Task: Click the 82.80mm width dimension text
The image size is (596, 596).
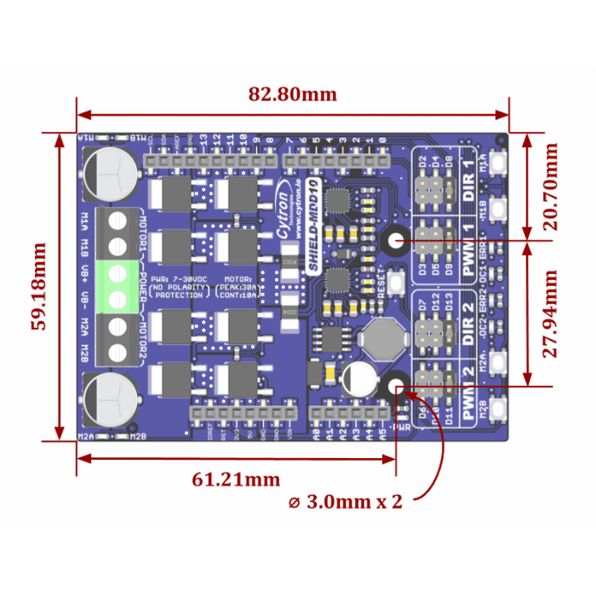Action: (x=292, y=95)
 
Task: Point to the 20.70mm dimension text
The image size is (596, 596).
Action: (x=552, y=186)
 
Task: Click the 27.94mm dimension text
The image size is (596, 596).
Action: (x=552, y=314)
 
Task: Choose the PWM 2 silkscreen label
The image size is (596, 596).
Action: (x=467, y=393)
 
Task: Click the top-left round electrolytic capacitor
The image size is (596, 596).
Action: (x=110, y=172)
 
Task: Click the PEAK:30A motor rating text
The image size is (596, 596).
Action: (x=238, y=288)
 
